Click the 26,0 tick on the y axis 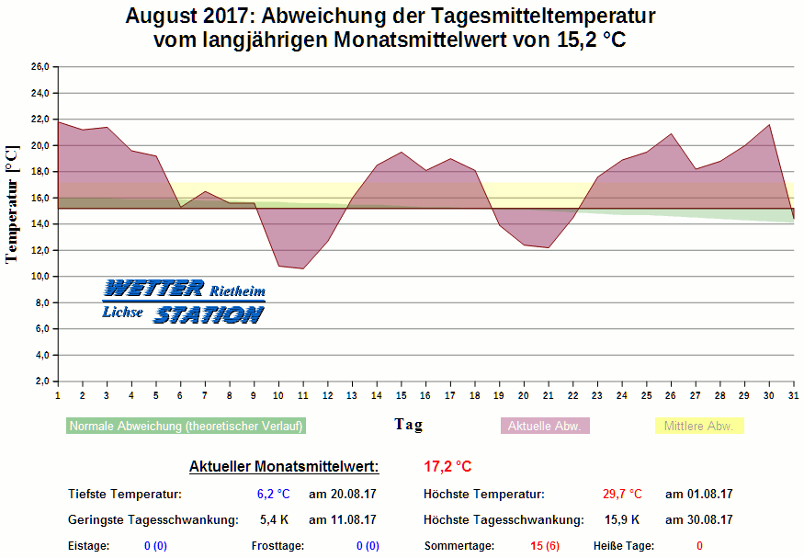point(39,67)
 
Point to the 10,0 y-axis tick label point(39,277)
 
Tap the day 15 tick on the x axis point(401,395)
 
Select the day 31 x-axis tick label point(793,395)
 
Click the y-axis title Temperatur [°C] point(12,204)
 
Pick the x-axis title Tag point(409,424)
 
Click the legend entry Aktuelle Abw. point(545,426)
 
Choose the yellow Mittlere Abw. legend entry point(698,426)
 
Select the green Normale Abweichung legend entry point(187,426)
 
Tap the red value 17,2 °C point(447,467)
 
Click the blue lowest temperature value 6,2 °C point(274,495)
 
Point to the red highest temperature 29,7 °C point(622,495)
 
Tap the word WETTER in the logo point(154,289)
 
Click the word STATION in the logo point(208,314)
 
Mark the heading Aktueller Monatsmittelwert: point(284,467)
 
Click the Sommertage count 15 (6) point(545,546)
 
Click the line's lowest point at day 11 point(302,268)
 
